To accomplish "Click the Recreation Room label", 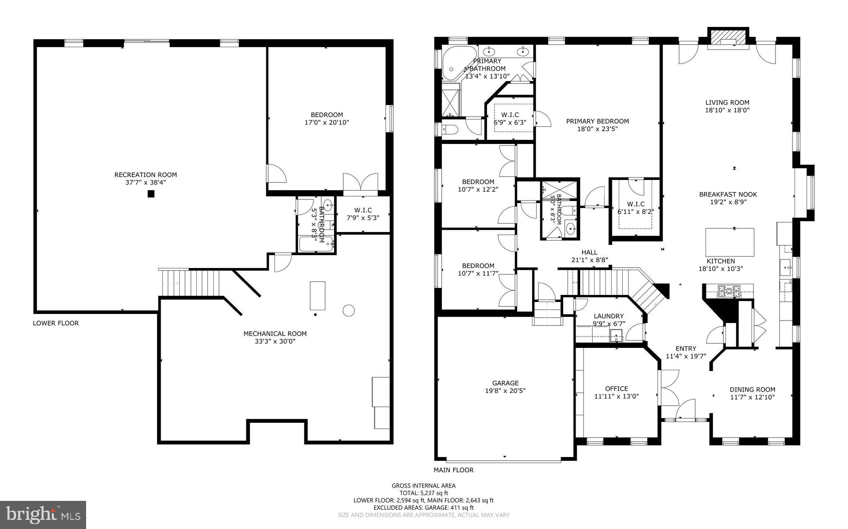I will pyautogui.click(x=146, y=175).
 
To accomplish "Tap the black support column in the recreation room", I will pyautogui.click(x=151, y=194).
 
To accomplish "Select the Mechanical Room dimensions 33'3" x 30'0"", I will pyautogui.click(x=275, y=342).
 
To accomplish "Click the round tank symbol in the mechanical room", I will pyautogui.click(x=349, y=310).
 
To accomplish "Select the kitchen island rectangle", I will pyautogui.click(x=730, y=242).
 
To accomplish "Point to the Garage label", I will pyautogui.click(x=505, y=383).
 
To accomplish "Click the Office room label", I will pyautogui.click(x=617, y=388).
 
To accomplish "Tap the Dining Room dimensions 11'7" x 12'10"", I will pyautogui.click(x=752, y=397).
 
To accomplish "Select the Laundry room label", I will pyautogui.click(x=608, y=316).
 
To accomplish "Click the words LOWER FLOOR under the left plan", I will pyautogui.click(x=56, y=323).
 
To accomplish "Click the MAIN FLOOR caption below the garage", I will pyautogui.click(x=453, y=470).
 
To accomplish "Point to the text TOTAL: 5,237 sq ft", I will pyautogui.click(x=424, y=493).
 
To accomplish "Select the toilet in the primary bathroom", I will pyautogui.click(x=450, y=130).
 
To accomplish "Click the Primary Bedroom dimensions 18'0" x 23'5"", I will pyautogui.click(x=597, y=129).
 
